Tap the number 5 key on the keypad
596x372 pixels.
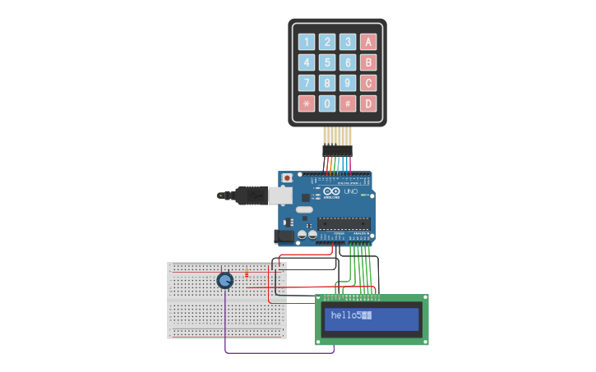[x=327, y=62]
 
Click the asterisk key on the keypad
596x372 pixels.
[x=306, y=103]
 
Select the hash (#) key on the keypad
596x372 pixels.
[x=348, y=103]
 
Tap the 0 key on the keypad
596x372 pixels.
[x=327, y=103]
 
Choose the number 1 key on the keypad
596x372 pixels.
[x=306, y=42]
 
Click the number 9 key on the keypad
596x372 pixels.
[x=348, y=83]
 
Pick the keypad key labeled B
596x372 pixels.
[x=368, y=62]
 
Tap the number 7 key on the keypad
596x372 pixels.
[x=306, y=83]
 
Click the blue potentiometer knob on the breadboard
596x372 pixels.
[x=224, y=281]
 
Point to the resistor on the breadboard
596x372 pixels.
[x=247, y=274]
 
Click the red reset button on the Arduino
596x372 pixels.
[x=287, y=178]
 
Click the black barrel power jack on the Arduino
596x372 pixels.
[x=284, y=236]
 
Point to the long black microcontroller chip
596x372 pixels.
[x=344, y=223]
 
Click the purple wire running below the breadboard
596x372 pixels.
[x=280, y=353]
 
